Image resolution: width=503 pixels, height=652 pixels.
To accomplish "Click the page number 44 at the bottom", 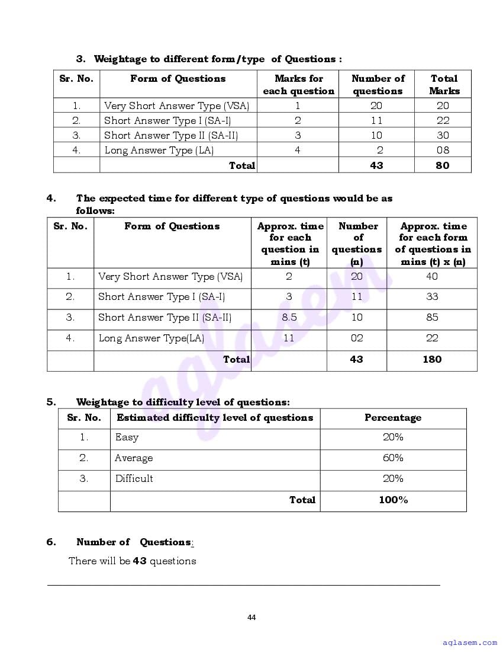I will click(x=251, y=618).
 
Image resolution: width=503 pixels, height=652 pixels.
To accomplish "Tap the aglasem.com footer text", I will click(x=470, y=642).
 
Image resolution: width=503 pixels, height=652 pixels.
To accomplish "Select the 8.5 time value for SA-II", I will click(x=289, y=318).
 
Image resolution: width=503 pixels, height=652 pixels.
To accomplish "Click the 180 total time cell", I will click(x=432, y=359).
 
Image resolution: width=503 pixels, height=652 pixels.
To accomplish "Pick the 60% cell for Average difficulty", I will click(x=393, y=458).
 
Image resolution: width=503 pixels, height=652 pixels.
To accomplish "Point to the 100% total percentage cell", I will click(x=393, y=500).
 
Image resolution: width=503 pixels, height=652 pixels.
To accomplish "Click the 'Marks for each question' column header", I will click(x=298, y=85).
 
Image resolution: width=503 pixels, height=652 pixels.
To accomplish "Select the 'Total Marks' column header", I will click(x=444, y=85).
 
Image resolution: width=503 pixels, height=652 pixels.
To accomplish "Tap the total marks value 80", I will click(x=443, y=165).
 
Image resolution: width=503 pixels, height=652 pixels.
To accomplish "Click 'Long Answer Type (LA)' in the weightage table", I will click(x=159, y=151).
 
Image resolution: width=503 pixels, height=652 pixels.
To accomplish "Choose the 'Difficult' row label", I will click(x=134, y=479).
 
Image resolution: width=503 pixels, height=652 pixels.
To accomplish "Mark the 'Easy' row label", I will click(x=127, y=437).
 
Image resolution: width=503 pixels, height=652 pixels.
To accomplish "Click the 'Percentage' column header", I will click(x=393, y=418).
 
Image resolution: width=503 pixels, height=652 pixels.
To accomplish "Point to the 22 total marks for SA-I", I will click(x=443, y=120).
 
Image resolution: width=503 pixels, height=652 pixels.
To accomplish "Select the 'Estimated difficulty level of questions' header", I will click(x=215, y=418).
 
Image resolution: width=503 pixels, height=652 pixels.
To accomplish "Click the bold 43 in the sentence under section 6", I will click(x=140, y=561).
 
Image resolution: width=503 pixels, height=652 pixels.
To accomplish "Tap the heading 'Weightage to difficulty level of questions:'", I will click(x=183, y=402).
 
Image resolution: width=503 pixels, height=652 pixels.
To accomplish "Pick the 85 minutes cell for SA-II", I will click(x=432, y=318).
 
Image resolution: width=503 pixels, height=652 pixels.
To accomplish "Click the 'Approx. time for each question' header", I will click(x=290, y=244).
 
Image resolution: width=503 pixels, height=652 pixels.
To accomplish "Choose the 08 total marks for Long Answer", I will click(x=443, y=151).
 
